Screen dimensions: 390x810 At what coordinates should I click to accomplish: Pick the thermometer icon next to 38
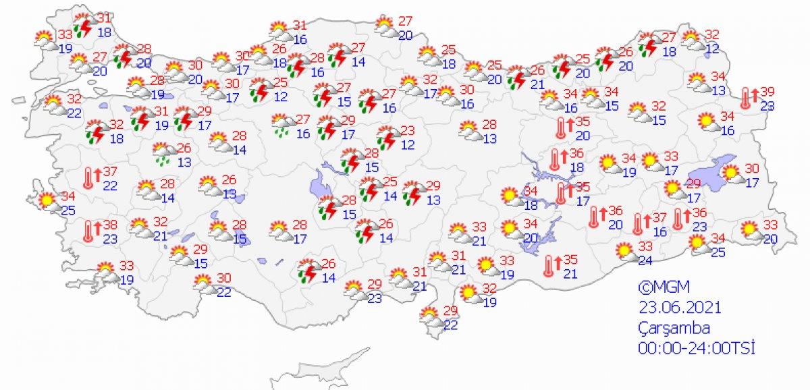(x=88, y=230)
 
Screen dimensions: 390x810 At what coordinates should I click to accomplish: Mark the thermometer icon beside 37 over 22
(x=88, y=177)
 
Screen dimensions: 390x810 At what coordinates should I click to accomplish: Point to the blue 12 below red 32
(x=713, y=48)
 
